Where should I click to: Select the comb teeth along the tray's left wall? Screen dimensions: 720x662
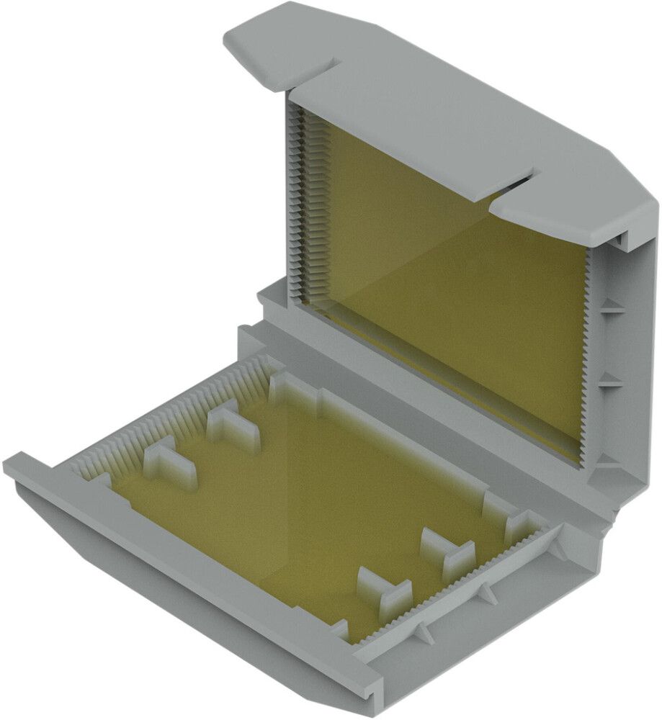(166, 418)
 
